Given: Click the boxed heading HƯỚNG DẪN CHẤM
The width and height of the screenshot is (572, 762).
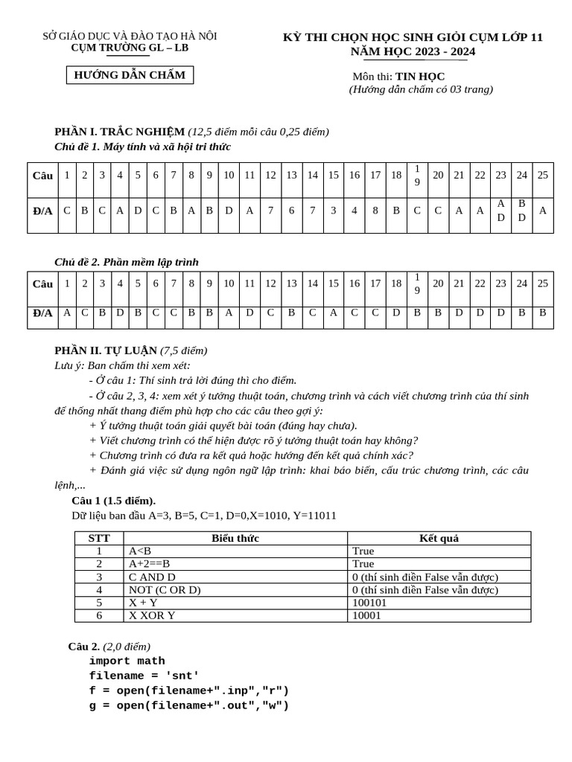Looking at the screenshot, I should pos(130,75).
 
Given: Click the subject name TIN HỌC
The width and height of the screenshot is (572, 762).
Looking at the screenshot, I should pos(419,76).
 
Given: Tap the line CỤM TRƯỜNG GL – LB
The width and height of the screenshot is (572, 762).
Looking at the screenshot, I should pos(130,48).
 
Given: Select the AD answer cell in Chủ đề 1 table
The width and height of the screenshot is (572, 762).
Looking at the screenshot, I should pos(500,211).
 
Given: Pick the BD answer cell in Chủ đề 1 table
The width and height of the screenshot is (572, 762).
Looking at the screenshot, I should pos(521,211).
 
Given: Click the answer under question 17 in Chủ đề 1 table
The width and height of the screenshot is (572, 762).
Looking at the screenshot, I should pos(375,211).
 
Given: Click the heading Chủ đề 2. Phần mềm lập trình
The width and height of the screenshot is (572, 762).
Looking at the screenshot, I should pos(127,262).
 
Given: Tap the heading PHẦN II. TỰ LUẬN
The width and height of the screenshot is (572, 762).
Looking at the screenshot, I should pos(106,350).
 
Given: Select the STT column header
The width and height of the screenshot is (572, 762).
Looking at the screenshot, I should pos(99,538).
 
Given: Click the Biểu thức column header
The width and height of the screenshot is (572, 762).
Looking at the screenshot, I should pos(235,538).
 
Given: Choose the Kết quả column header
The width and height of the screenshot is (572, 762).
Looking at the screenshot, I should pos(439,538).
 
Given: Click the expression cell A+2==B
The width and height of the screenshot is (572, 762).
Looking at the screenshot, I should pos(150,564).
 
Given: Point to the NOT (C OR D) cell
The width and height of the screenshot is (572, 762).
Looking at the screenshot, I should pos(165,590).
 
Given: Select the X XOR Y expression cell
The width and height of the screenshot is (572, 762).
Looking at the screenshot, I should pos(152,615).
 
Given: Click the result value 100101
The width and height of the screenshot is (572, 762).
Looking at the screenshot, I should pos(369,603).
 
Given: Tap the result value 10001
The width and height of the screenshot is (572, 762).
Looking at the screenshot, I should pos(366,615).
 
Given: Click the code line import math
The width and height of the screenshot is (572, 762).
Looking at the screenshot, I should pos(127,661).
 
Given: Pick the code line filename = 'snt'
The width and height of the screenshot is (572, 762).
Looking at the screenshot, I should pos(144,676).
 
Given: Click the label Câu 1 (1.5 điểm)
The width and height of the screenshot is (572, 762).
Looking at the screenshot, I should pos(113,500).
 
